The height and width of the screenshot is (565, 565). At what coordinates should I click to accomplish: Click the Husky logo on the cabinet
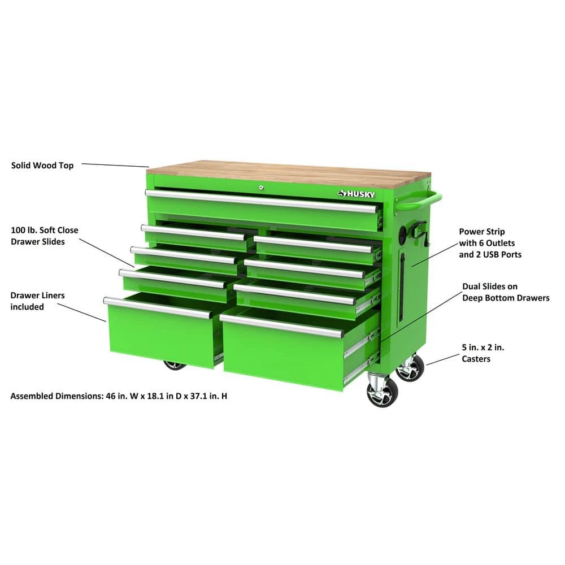(x=356, y=194)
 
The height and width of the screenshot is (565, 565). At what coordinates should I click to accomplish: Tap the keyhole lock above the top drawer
(x=261, y=188)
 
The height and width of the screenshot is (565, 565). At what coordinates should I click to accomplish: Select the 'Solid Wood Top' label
(x=42, y=166)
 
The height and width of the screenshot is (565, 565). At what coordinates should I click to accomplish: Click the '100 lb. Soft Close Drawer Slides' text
(x=44, y=236)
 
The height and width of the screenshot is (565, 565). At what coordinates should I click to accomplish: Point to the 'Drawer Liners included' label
(x=37, y=301)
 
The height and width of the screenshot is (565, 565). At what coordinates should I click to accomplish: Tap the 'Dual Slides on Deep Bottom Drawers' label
(x=506, y=292)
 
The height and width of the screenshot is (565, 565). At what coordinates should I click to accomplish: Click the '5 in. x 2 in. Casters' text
(x=483, y=353)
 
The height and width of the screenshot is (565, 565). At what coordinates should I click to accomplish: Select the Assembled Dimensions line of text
(x=119, y=396)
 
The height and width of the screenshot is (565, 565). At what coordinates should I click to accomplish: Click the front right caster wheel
(x=383, y=393)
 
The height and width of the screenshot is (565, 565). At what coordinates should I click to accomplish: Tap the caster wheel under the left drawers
(x=175, y=366)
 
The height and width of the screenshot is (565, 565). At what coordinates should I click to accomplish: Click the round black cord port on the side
(x=402, y=233)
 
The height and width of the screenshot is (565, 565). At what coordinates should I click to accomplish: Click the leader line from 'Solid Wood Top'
(x=115, y=166)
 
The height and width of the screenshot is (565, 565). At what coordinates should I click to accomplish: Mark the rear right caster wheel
(x=410, y=368)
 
